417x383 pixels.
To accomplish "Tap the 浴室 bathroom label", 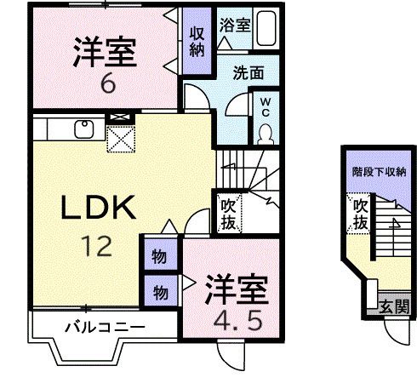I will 235,25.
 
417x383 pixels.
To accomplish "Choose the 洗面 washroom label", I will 247,74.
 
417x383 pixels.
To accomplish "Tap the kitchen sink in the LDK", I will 84,129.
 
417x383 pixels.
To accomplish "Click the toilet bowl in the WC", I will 266,131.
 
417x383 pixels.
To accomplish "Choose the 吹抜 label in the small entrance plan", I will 360,214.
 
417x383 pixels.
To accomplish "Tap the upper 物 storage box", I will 159,254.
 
